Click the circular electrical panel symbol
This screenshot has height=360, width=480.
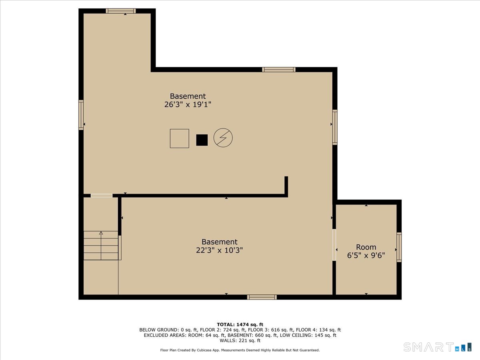point(223,138)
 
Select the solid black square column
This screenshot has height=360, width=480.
point(202,140)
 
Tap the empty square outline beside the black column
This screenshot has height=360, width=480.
point(180,138)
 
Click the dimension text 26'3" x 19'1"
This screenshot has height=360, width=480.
point(188,104)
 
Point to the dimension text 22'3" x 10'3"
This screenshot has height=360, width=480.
point(219,250)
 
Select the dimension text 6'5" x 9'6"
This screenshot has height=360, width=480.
point(366,255)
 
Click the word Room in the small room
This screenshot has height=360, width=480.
point(366,247)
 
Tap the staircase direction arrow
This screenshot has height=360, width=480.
point(101,246)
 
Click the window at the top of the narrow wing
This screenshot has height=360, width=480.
point(121,11)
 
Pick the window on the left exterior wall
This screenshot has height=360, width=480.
point(81,115)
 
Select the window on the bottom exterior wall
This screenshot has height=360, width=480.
point(262,297)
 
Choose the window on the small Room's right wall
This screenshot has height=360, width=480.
point(399,247)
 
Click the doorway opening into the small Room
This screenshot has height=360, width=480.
point(334,245)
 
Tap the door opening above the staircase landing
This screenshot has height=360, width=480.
point(102,196)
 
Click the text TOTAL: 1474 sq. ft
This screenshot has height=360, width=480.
point(240,324)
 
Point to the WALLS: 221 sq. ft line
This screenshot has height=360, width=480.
point(240,340)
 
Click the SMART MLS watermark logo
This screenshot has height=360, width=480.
point(437,347)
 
